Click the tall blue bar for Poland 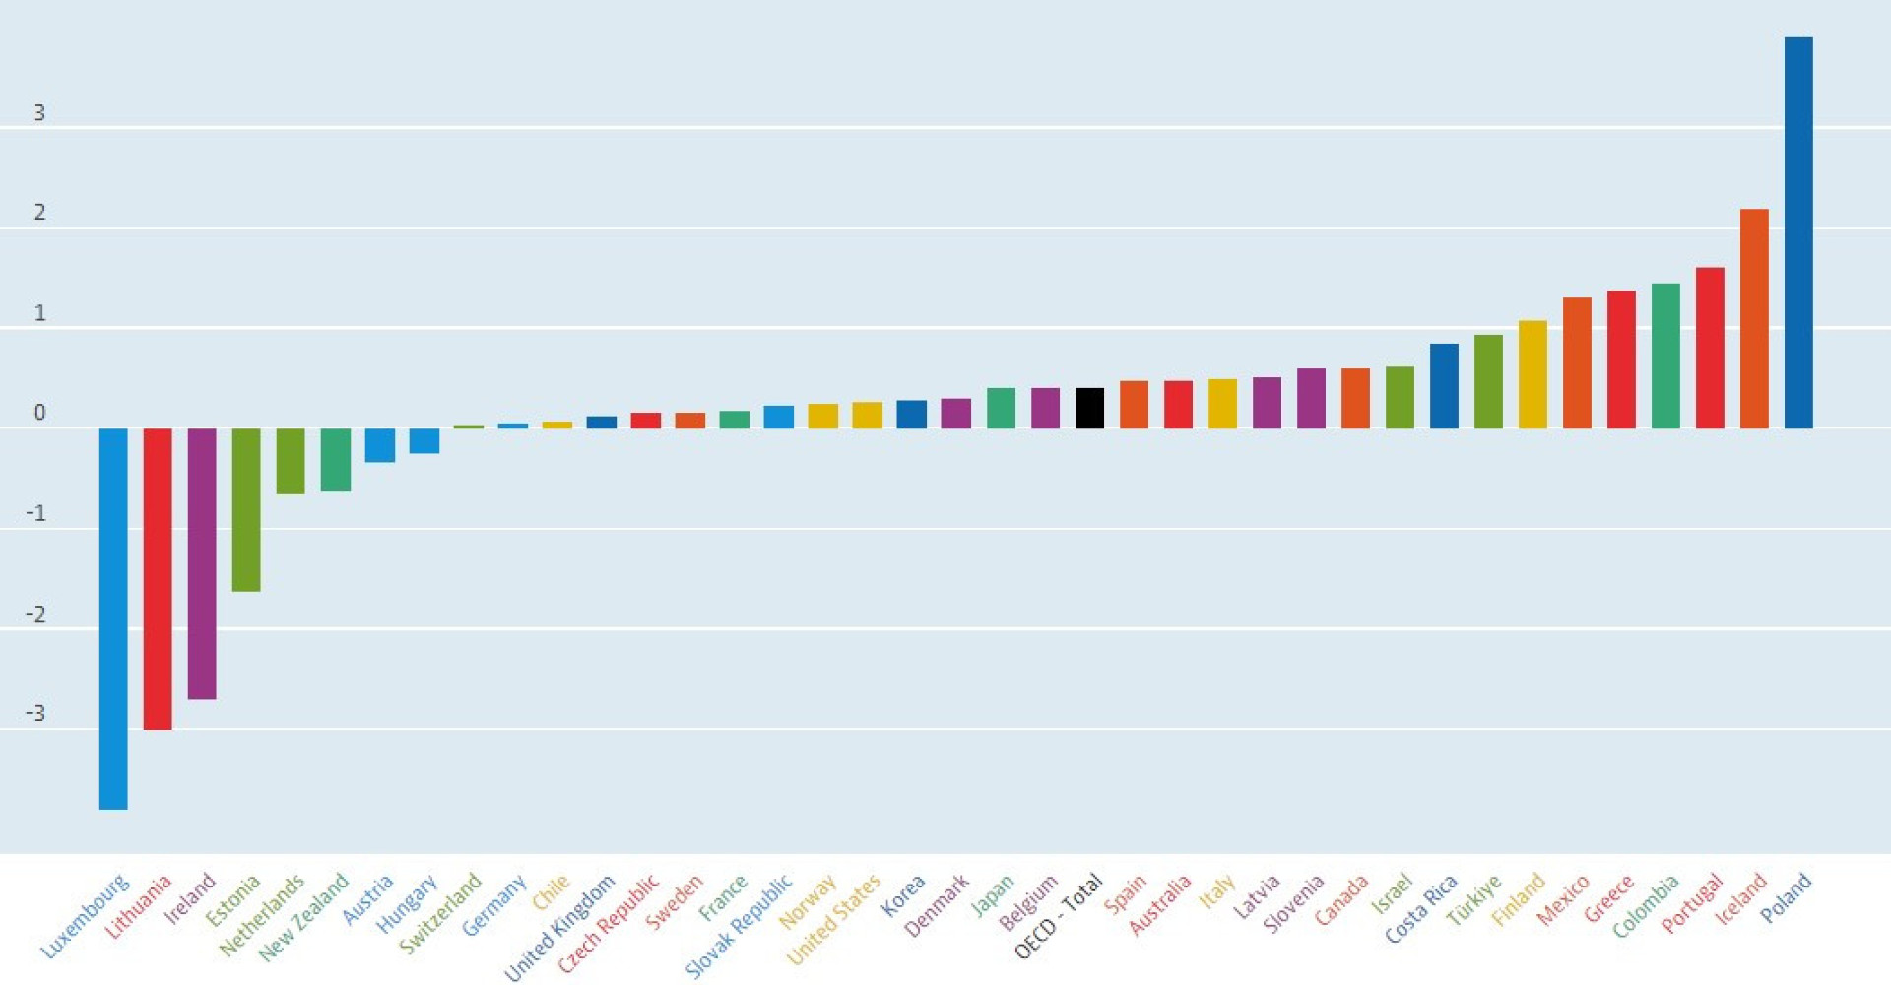pyautogui.click(x=1798, y=232)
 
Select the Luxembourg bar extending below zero pyautogui.click(x=113, y=619)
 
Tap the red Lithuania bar pyautogui.click(x=158, y=578)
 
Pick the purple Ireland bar pyautogui.click(x=202, y=563)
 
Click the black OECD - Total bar pyautogui.click(x=1089, y=408)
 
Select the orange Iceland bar pyautogui.click(x=1754, y=318)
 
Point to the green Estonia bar pyautogui.click(x=246, y=509)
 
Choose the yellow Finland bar pyautogui.click(x=1532, y=374)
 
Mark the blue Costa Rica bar pyautogui.click(x=1444, y=386)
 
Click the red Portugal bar pyautogui.click(x=1710, y=348)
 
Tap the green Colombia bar pyautogui.click(x=1665, y=356)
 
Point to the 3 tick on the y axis pyautogui.click(x=39, y=113)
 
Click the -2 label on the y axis pyautogui.click(x=36, y=615)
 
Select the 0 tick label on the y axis pyautogui.click(x=39, y=413)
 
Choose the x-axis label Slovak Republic pyautogui.click(x=739, y=926)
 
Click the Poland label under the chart pyautogui.click(x=1786, y=897)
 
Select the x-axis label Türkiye pyautogui.click(x=1473, y=900)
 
